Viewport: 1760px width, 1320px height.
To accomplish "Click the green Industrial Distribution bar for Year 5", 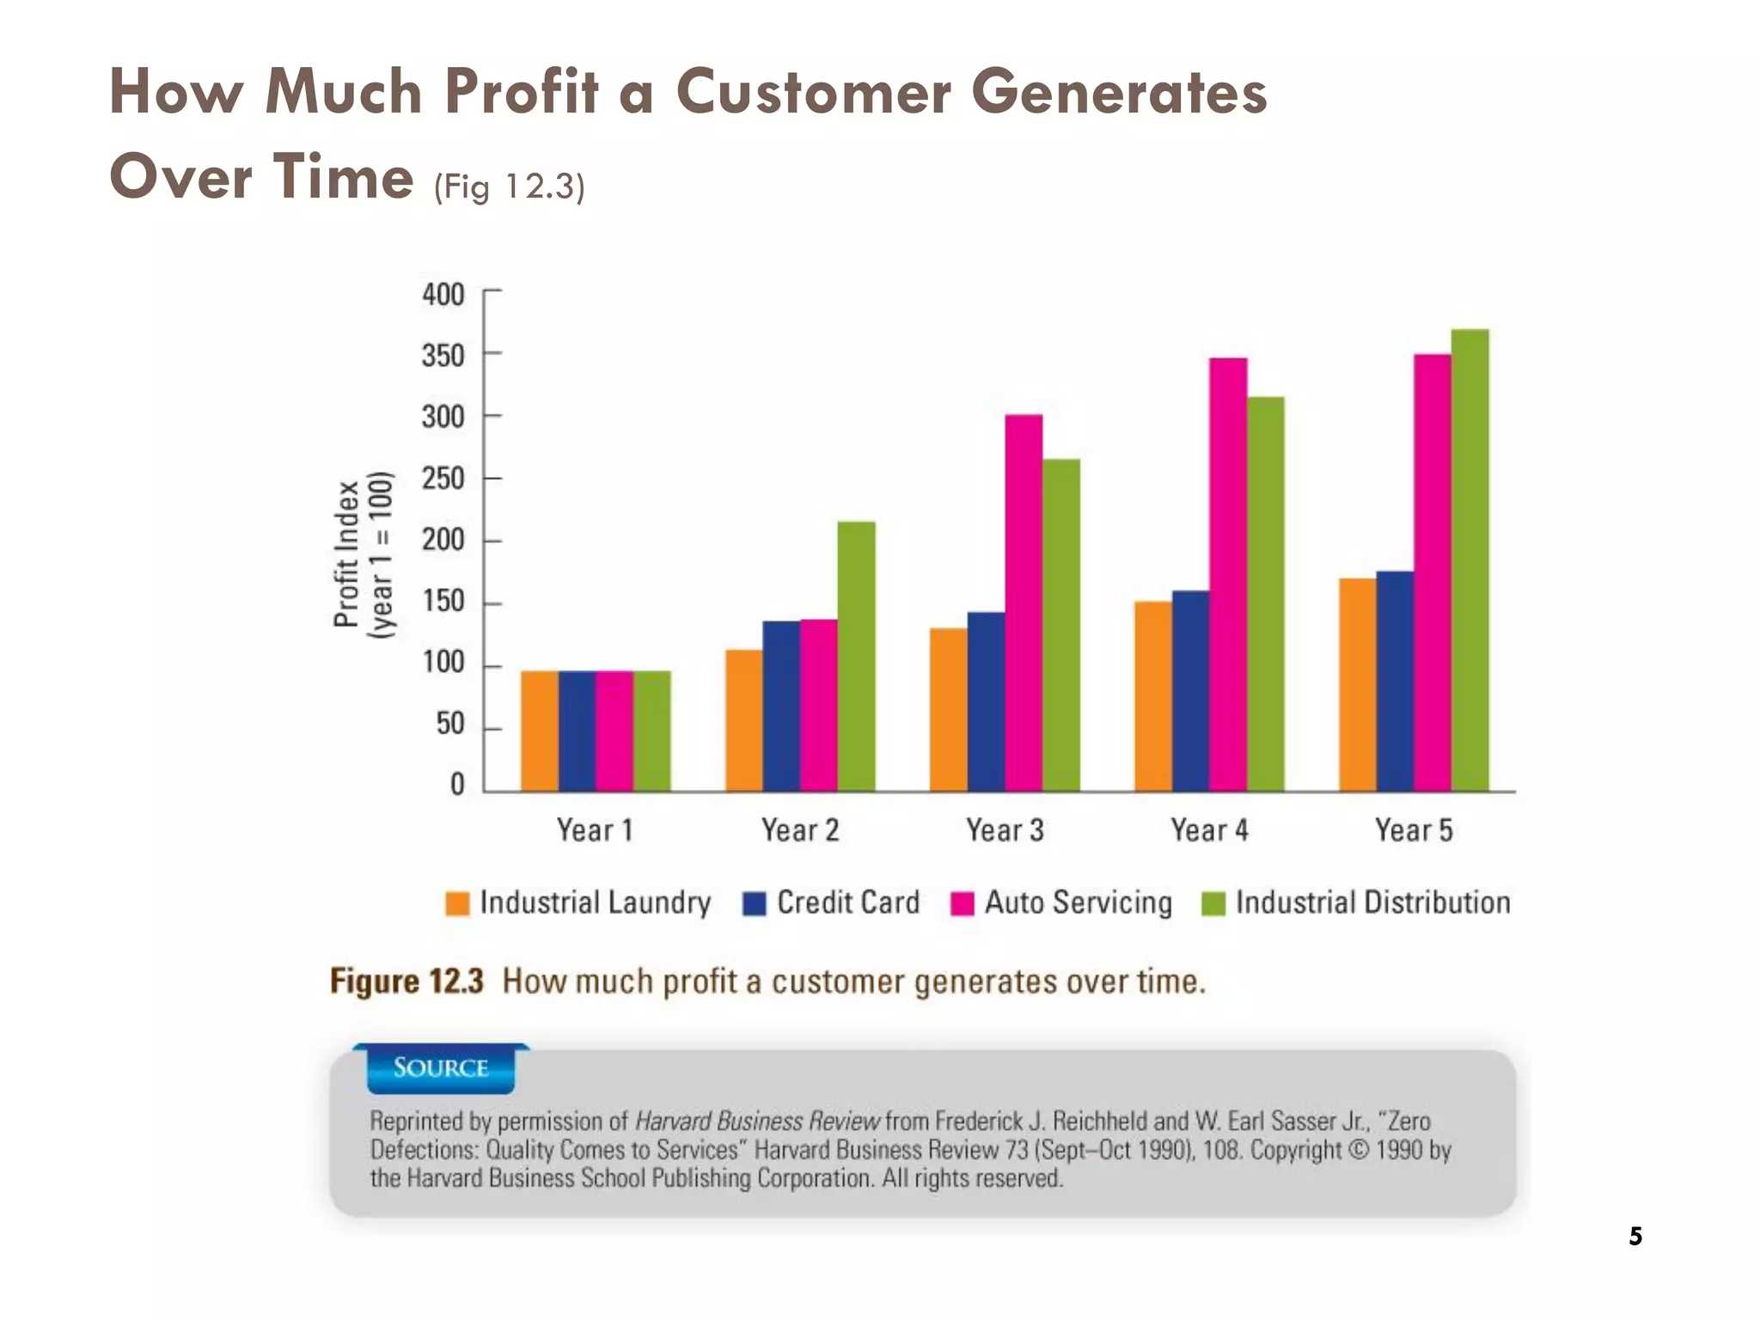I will pos(1470,559).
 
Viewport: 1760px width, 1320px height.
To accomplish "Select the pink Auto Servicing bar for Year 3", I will pos(1024,602).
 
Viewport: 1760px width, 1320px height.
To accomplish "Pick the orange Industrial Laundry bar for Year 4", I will pos(1153,696).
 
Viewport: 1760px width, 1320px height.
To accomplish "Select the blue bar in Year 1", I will pos(577,730).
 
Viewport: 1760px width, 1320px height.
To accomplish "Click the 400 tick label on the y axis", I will pos(443,295).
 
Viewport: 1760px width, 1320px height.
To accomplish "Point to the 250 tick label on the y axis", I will pos(443,479).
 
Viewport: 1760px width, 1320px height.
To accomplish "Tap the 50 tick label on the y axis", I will pos(449,724).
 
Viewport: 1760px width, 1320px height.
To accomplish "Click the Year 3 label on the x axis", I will pos(1005,830).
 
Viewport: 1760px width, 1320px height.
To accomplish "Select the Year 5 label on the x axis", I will pos(1414,830).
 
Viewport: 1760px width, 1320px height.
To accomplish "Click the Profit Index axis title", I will pos(346,555).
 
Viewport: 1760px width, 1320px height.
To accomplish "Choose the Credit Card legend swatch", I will pos(754,904).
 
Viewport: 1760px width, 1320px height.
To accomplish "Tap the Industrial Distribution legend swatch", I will pos(1213,904).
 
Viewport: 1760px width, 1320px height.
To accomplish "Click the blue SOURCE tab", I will pos(441,1068).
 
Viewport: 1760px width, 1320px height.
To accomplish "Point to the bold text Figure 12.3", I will pos(406,981).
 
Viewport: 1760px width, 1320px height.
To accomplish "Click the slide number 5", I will pos(1635,1237).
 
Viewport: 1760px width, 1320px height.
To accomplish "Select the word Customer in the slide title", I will pos(813,92).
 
